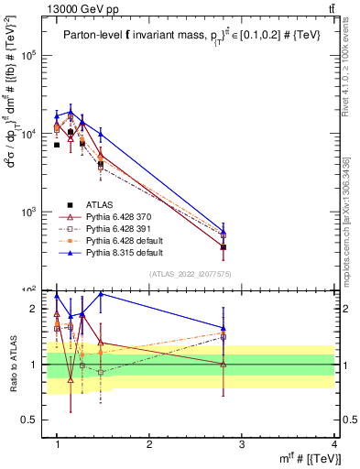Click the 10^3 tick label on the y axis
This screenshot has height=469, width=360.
coord(29,212)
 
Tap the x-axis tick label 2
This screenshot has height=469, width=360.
coord(149,444)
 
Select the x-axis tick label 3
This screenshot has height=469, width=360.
coord(242,444)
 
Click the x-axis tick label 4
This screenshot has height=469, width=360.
coord(333,444)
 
